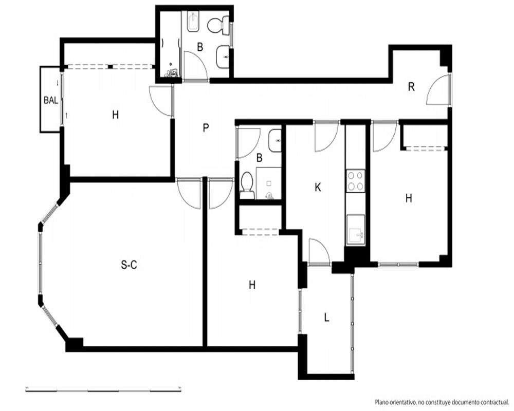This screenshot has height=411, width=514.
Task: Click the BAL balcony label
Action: [51, 100]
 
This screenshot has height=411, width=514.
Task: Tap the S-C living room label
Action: [129, 265]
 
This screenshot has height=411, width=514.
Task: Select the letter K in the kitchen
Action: [317, 188]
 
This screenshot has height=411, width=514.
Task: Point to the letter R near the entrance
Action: [411, 87]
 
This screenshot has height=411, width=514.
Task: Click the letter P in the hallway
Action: [206, 128]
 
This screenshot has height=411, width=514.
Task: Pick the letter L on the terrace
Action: [326, 317]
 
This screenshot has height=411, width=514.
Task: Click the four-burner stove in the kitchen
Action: [356, 181]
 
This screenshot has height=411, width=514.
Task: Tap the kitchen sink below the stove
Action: [356, 230]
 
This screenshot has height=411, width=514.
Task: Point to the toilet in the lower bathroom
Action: [247, 185]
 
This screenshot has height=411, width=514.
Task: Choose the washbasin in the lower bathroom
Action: [274, 141]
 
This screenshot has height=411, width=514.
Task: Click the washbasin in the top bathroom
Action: [223, 57]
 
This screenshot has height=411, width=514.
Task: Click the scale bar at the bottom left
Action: [104, 390]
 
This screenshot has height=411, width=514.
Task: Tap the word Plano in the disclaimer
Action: [382, 402]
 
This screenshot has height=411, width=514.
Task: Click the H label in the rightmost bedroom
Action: [409, 198]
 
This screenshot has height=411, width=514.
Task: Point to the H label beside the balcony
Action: [115, 115]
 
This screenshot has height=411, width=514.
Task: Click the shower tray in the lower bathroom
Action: [268, 183]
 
